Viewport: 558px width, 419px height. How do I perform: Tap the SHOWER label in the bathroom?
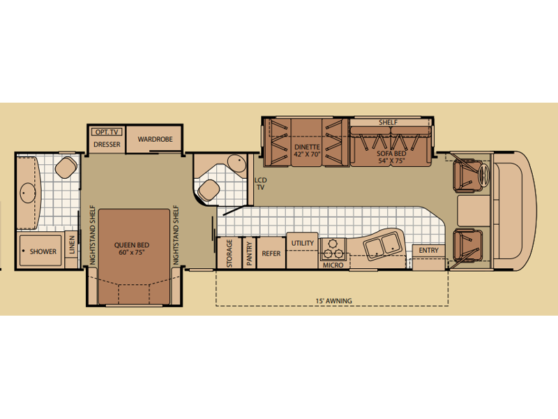point(43,251)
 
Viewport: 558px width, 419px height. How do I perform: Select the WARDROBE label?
point(155,139)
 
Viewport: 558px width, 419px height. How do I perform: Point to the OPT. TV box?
point(107,132)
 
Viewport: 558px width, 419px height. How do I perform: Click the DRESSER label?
point(107,145)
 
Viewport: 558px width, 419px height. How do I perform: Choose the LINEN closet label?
point(73,245)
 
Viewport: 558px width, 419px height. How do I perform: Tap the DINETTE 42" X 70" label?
point(308,150)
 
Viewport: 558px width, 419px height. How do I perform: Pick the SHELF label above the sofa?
point(388,123)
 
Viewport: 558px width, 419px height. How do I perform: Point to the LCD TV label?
point(260,184)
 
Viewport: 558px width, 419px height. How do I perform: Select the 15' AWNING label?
point(334,301)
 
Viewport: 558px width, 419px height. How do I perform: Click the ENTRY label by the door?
point(428,251)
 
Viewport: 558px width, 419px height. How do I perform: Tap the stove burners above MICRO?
point(333,249)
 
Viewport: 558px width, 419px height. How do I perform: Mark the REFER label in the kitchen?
point(271,253)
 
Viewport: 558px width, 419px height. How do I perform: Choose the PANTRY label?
point(249,253)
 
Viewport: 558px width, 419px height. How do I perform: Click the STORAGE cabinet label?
point(229,253)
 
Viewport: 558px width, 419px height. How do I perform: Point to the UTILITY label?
point(303,243)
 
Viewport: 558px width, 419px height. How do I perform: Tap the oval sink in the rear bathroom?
point(28,193)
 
